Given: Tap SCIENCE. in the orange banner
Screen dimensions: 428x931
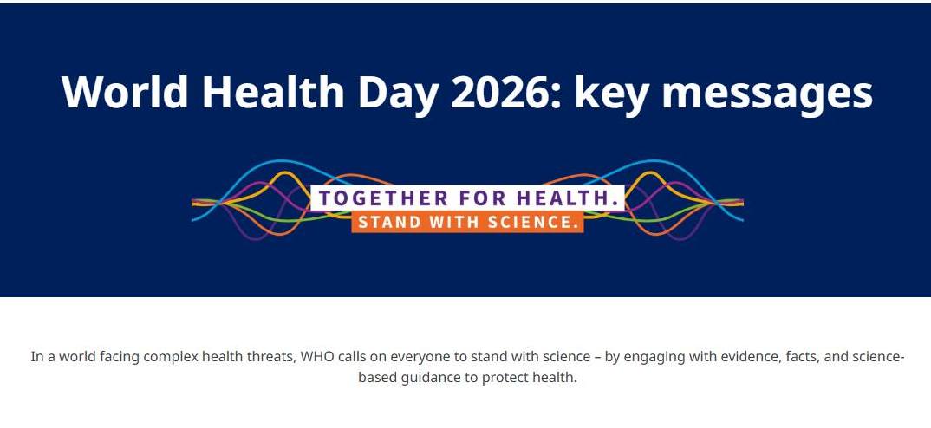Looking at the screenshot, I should [532, 222].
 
